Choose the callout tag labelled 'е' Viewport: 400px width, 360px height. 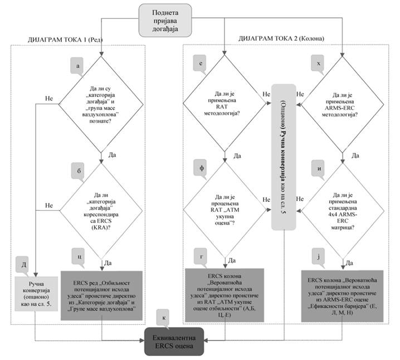click(x=199, y=65)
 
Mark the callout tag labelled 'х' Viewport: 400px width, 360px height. click(x=318, y=65)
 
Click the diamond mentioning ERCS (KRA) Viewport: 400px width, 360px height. click(x=101, y=211)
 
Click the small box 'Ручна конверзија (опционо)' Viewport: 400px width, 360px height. click(x=35, y=294)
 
